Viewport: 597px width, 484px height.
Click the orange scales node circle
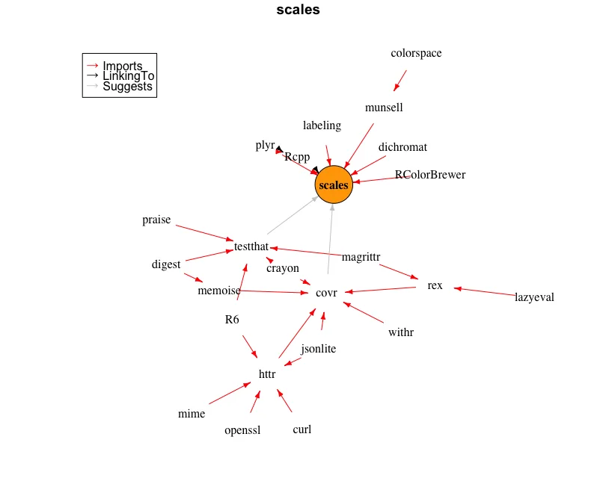334,184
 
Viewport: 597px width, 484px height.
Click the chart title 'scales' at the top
298,10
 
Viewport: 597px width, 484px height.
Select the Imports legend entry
114,66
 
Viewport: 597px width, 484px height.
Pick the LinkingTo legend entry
120,75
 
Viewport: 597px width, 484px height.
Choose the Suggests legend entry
119,87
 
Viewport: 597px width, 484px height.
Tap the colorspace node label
416,53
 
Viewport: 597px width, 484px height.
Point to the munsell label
384,108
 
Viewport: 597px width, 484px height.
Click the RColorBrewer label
430,175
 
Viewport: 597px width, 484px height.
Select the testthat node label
251,246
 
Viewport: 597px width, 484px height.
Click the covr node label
326,293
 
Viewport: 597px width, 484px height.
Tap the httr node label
267,374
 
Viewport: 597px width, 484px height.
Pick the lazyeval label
534,297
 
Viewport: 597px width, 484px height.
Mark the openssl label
242,430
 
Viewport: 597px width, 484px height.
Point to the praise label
156,220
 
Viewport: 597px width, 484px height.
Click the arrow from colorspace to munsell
400,81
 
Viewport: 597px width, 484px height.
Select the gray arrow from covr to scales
330,239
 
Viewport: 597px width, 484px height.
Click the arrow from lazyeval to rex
485,291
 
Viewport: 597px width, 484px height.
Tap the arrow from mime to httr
230,393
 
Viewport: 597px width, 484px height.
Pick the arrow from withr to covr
364,312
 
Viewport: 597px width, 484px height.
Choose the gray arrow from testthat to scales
293,215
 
